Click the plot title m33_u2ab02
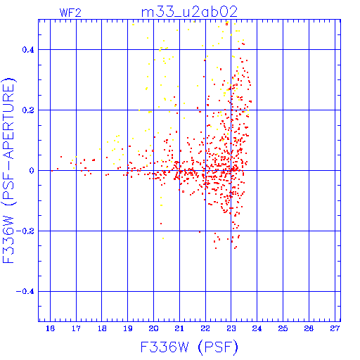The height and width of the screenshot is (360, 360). click(189, 12)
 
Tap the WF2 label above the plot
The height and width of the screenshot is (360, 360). click(70, 13)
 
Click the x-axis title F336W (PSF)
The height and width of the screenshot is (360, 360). click(189, 347)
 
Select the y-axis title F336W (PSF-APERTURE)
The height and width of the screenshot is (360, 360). click(9, 171)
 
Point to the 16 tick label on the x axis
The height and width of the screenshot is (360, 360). click(50, 328)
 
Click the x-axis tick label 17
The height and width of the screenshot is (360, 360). click(76, 328)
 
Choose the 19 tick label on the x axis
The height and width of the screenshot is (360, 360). click(128, 328)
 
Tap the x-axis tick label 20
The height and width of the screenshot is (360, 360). click(153, 328)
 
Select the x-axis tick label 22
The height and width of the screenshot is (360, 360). click(205, 328)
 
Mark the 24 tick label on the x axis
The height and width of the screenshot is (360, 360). click(257, 328)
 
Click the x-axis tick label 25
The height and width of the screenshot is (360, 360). click(283, 328)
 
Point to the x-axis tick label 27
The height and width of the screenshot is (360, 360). click(335, 328)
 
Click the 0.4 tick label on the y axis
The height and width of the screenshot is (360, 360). click(28, 50)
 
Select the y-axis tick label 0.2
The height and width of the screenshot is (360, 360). click(28, 110)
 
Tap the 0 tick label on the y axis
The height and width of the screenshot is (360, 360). click(32, 171)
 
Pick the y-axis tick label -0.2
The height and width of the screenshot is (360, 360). click(25, 231)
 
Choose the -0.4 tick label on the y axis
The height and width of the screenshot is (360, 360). click(25, 292)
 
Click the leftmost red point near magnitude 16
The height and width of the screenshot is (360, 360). click(52, 171)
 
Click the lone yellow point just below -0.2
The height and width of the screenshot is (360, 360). click(163, 238)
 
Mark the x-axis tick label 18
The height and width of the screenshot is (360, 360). click(102, 328)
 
